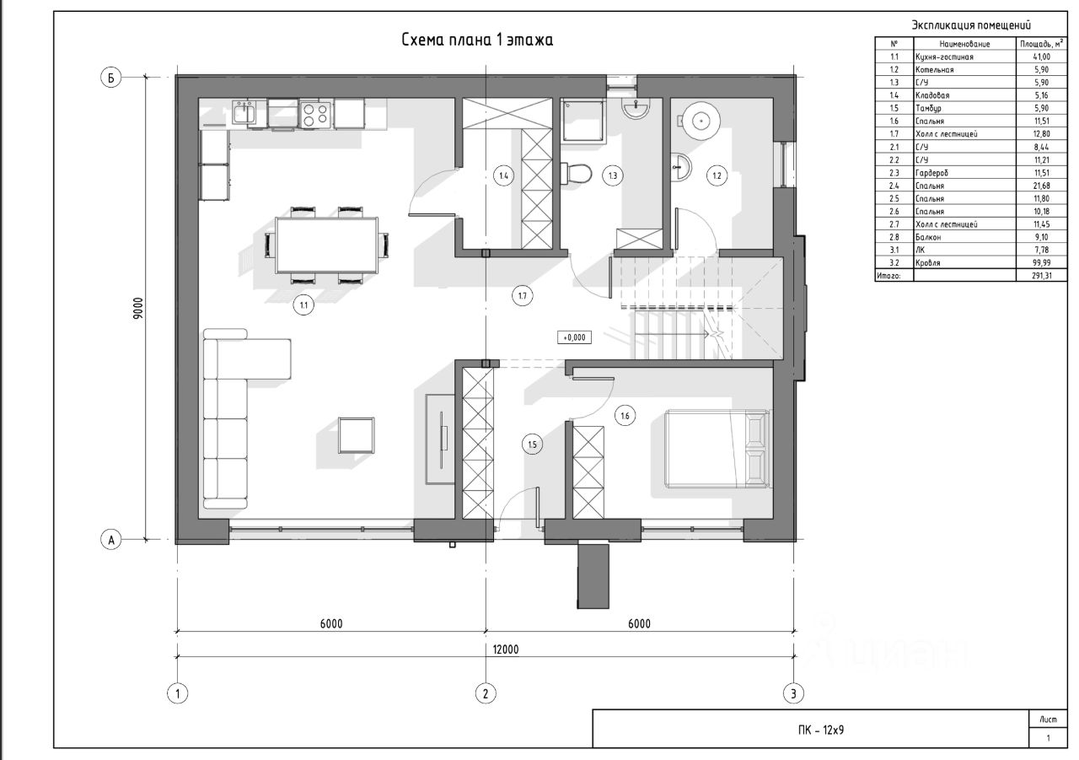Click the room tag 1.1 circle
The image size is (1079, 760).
click(303, 305)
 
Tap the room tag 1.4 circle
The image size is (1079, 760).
click(503, 176)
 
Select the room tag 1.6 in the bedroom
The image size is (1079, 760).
click(625, 415)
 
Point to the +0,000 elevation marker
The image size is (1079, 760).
click(574, 337)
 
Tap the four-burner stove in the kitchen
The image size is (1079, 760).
click(315, 115)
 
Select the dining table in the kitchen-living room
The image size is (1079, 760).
click(326, 245)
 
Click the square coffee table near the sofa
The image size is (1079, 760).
click(357, 435)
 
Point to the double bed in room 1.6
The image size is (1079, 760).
click(717, 449)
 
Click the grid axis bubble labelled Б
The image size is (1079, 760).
click(110, 78)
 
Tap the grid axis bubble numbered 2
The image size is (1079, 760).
click(485, 693)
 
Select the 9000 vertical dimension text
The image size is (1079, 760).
click(138, 309)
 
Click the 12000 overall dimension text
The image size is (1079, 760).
click(505, 650)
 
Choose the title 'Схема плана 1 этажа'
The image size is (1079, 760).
click(477, 40)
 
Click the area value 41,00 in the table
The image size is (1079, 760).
click(1041, 57)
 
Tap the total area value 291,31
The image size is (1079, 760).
click(1041, 276)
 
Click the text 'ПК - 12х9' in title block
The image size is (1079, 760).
click(821, 730)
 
